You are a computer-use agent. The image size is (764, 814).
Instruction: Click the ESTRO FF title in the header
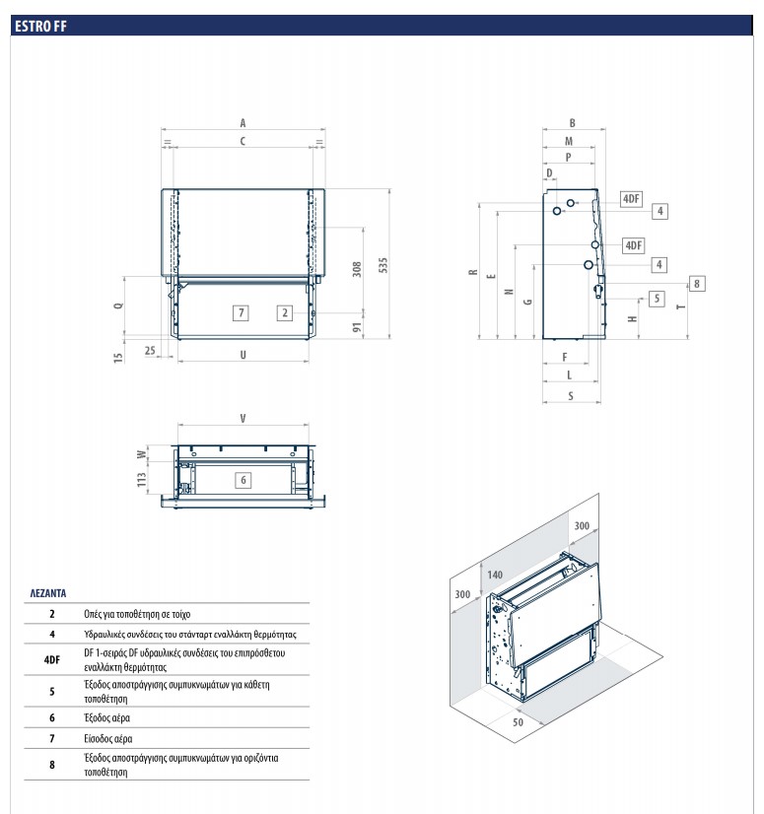tap(39, 27)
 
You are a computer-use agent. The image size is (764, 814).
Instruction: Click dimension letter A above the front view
tap(243, 123)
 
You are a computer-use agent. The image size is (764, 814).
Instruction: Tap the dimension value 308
tap(357, 268)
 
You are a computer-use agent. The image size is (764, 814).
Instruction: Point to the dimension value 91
tap(357, 325)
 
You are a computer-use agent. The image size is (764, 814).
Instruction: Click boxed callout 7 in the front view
tap(241, 312)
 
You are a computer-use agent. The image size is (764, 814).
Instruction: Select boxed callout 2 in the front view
tap(284, 312)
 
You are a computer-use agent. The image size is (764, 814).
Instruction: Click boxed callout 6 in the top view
tap(243, 479)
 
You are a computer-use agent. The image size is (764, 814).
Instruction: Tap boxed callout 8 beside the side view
tap(697, 284)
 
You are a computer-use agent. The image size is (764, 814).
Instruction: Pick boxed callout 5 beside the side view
tap(657, 298)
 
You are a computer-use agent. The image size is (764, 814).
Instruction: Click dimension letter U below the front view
tap(243, 354)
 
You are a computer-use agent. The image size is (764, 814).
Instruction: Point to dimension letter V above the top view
tap(243, 419)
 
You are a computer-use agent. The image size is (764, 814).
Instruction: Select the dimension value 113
tap(142, 480)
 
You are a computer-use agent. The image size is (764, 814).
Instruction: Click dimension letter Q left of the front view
tap(119, 305)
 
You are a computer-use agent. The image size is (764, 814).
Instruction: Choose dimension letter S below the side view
tap(571, 396)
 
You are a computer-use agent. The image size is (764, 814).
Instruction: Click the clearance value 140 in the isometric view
tap(495, 575)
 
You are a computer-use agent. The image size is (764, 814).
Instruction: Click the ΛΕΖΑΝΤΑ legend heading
tap(47, 594)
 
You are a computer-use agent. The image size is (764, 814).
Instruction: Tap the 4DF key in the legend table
tap(52, 658)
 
